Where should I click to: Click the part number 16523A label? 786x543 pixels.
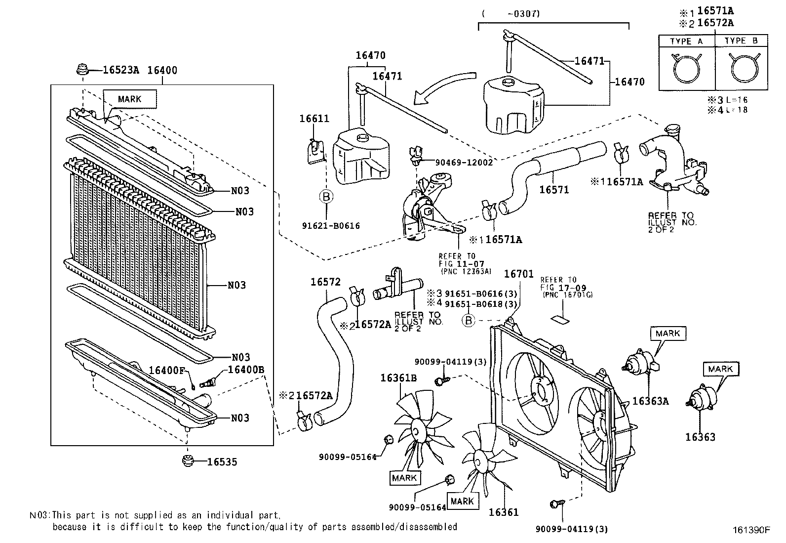121,70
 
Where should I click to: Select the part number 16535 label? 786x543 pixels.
222,462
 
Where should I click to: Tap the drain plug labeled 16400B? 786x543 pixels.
208,383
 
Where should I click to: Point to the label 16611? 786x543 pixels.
314,119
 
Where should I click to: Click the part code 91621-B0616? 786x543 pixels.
331,226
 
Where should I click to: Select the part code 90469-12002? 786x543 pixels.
464,162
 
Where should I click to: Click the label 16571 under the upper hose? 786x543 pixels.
554,190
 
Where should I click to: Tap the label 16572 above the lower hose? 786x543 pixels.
325,282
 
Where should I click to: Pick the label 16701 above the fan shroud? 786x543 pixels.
518,273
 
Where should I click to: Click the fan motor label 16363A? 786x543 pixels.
650,401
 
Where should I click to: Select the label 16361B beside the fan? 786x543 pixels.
398,378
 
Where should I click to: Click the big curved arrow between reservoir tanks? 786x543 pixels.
439,89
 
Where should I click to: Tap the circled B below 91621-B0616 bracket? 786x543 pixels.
325,197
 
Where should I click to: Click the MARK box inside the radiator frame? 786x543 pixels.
129,99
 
